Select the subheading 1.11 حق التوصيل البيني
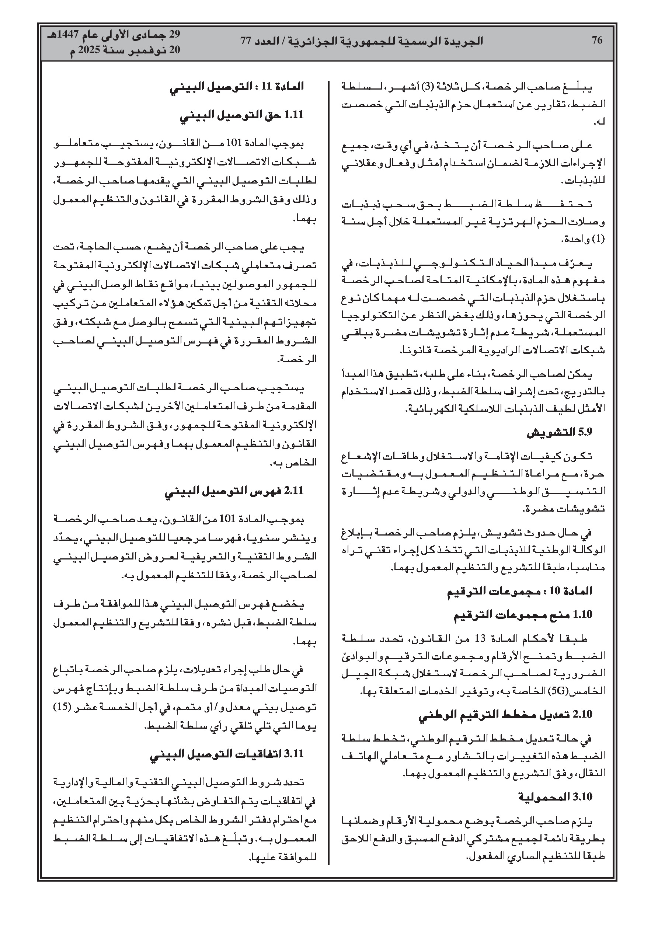click(x=242, y=115)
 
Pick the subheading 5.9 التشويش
click(x=560, y=433)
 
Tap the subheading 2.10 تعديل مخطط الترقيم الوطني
click(x=505, y=715)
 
